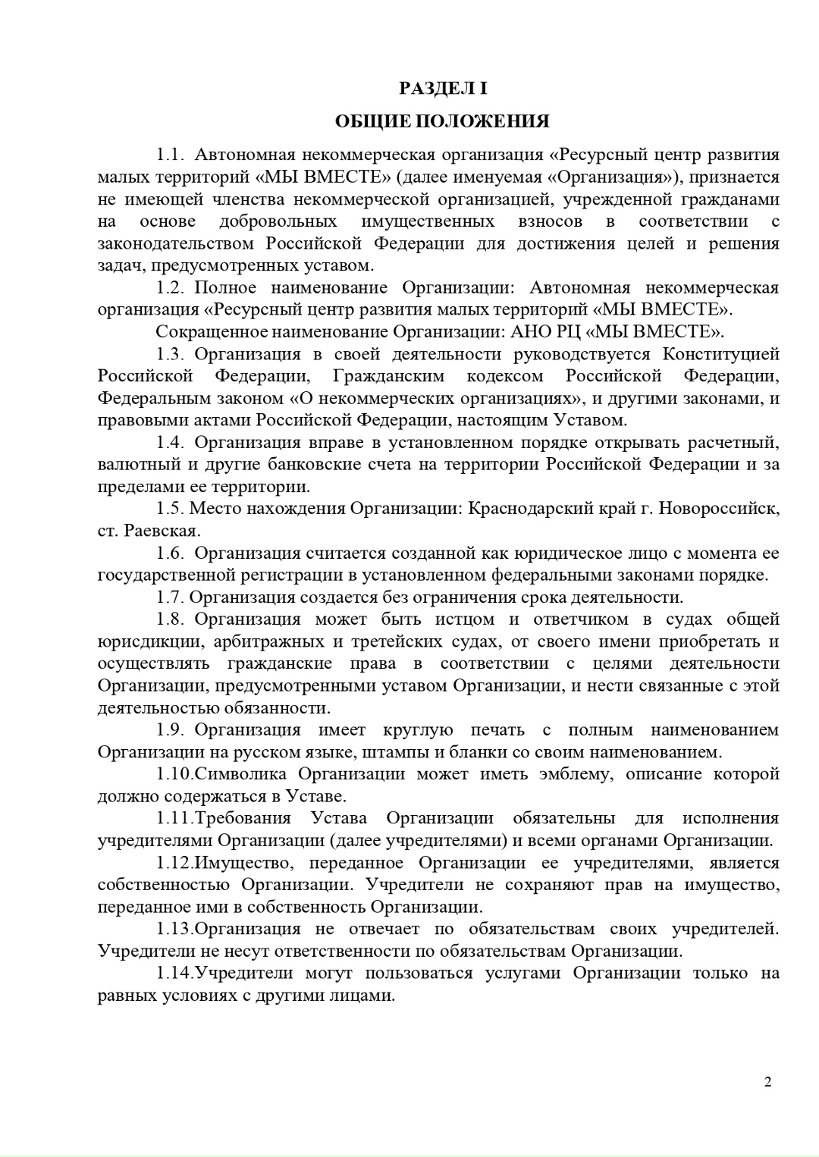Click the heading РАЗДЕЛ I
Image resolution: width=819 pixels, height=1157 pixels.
(x=444, y=89)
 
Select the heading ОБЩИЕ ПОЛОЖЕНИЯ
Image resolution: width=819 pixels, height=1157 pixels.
(x=443, y=122)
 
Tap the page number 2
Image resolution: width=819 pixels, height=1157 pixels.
(x=767, y=1082)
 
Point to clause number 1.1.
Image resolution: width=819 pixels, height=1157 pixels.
(x=171, y=155)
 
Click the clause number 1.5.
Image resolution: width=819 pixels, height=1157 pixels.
(x=171, y=509)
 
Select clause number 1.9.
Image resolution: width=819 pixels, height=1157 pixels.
(x=171, y=730)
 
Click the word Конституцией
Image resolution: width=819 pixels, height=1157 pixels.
(x=721, y=354)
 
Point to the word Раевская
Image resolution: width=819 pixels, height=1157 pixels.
(x=162, y=531)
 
